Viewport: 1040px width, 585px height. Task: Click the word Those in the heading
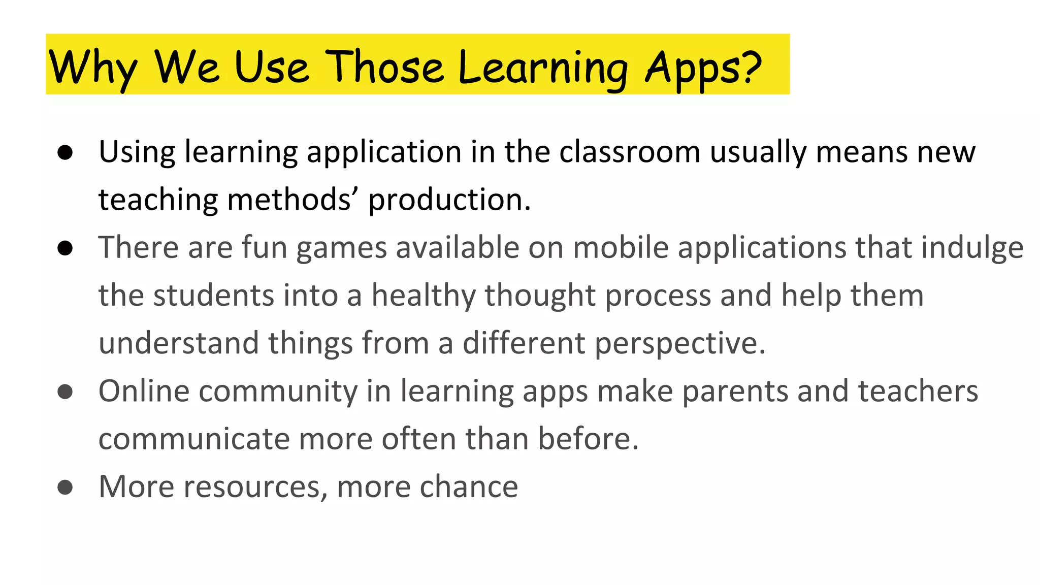click(x=385, y=67)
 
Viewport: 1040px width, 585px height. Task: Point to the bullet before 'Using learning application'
click(x=65, y=152)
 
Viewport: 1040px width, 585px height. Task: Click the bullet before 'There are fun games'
click(x=65, y=248)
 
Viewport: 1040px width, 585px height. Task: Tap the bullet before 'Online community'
click(x=65, y=392)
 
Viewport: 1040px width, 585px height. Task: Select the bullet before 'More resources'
click(x=65, y=487)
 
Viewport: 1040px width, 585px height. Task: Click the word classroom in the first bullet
click(x=630, y=152)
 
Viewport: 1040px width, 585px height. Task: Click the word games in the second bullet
click(x=341, y=248)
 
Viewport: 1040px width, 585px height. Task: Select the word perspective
click(x=679, y=344)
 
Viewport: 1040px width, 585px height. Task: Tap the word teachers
click(x=918, y=392)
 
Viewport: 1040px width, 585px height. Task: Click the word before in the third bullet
click(x=588, y=439)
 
